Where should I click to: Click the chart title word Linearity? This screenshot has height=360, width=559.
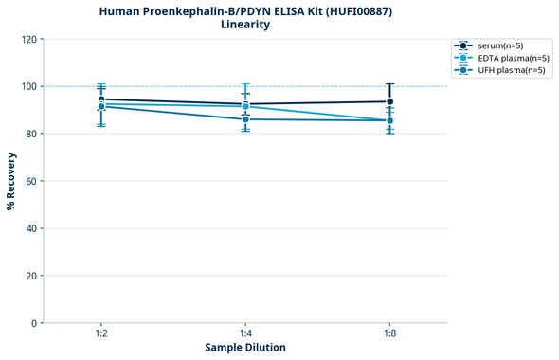pyautogui.click(x=245, y=25)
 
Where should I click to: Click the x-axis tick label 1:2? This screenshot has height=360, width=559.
pyautogui.click(x=101, y=334)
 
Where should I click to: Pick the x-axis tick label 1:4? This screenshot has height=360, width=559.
pyautogui.click(x=245, y=334)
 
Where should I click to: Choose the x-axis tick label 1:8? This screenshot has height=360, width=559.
pyautogui.click(x=389, y=334)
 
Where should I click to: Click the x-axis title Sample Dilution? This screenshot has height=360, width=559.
pyautogui.click(x=245, y=348)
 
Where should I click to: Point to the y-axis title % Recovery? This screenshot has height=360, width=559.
pyautogui.click(x=11, y=181)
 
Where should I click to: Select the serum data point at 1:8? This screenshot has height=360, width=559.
pyautogui.click(x=389, y=101)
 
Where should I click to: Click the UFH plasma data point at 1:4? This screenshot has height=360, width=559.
pyautogui.click(x=245, y=119)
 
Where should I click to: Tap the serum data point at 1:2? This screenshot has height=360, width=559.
pyautogui.click(x=101, y=99)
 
